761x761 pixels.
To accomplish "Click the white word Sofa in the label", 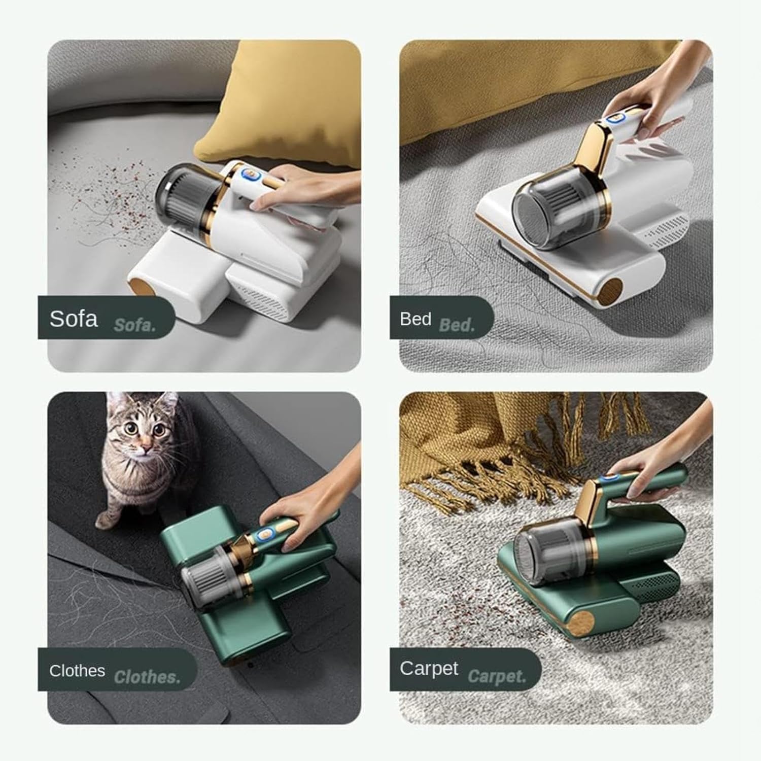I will pyautogui.click(x=74, y=319).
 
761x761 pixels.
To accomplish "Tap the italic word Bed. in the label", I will pyautogui.click(x=457, y=325).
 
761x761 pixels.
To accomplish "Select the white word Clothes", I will pyautogui.click(x=77, y=671).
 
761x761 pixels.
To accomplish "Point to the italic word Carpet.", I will pyautogui.click(x=497, y=676).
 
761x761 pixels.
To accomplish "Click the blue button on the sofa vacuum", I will pyautogui.click(x=249, y=176).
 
